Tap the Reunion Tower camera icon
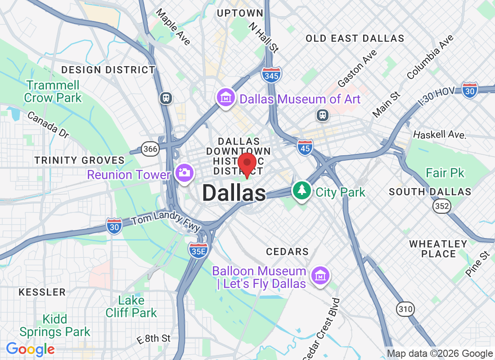[x=184, y=173]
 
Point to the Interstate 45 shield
[x=305, y=147]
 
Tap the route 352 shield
[x=441, y=206]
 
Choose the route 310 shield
[x=405, y=309]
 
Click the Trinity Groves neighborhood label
[x=80, y=160]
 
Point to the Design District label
[x=108, y=70]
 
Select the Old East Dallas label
[x=355, y=39]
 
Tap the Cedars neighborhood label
[x=287, y=252]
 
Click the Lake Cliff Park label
[x=131, y=306]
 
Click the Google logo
[x=30, y=349]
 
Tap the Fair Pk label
[x=445, y=173]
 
